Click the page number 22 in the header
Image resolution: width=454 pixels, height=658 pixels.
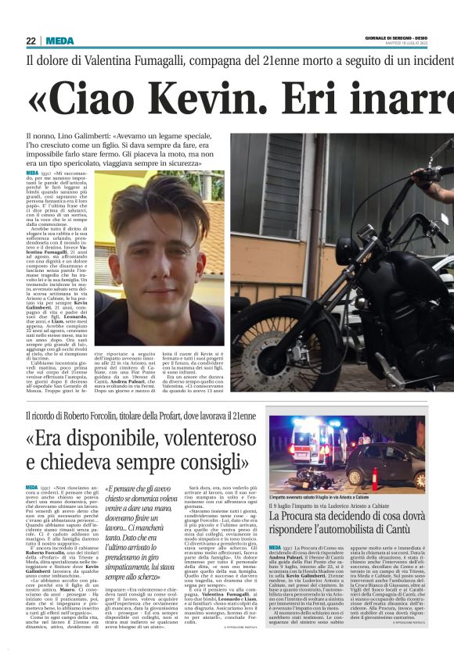[31, 41]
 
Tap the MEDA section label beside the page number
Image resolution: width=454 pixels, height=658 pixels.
[59, 41]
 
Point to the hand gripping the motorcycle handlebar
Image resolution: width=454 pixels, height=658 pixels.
[435, 175]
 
